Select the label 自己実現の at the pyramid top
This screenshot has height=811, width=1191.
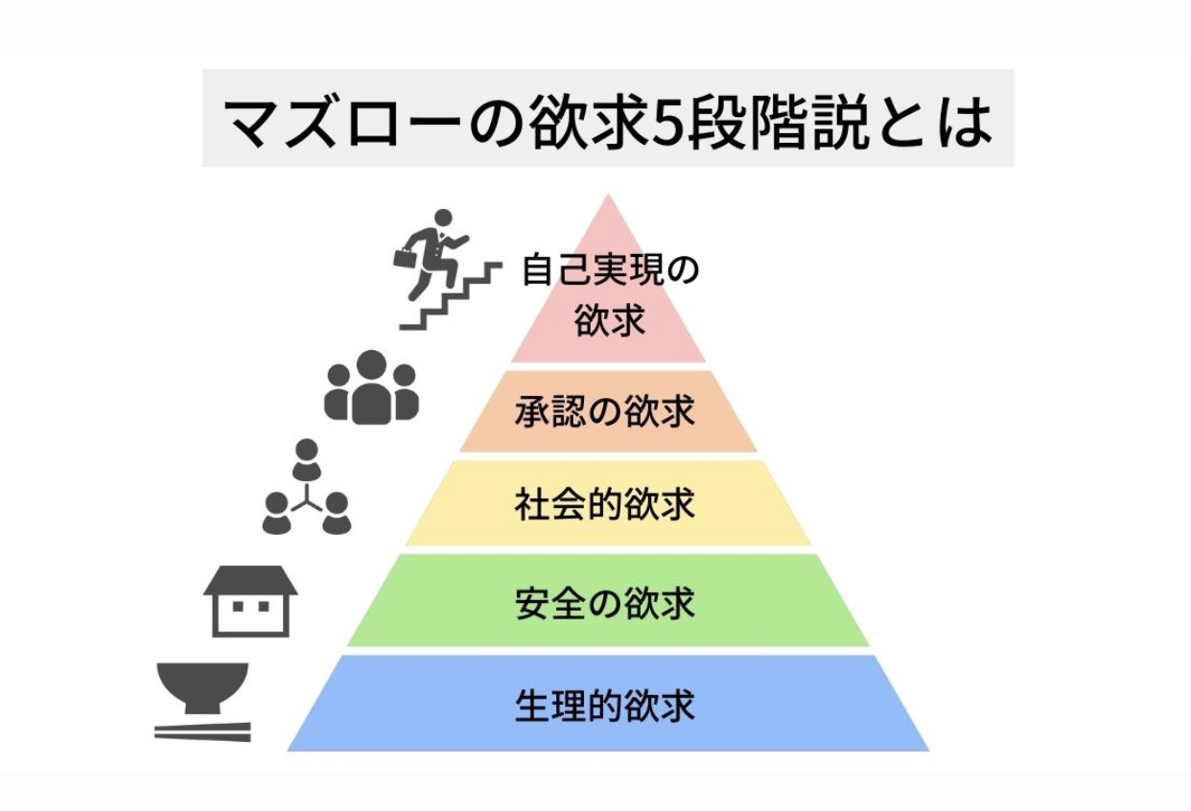(x=610, y=270)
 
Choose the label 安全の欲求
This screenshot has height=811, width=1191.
(x=604, y=604)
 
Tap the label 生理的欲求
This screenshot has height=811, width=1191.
(x=604, y=707)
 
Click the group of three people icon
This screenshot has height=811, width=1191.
(x=371, y=388)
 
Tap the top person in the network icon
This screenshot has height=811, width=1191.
(x=306, y=459)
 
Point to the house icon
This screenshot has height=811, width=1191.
(x=250, y=601)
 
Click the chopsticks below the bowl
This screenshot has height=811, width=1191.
(x=202, y=732)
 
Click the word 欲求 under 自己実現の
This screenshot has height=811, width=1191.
(x=610, y=321)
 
